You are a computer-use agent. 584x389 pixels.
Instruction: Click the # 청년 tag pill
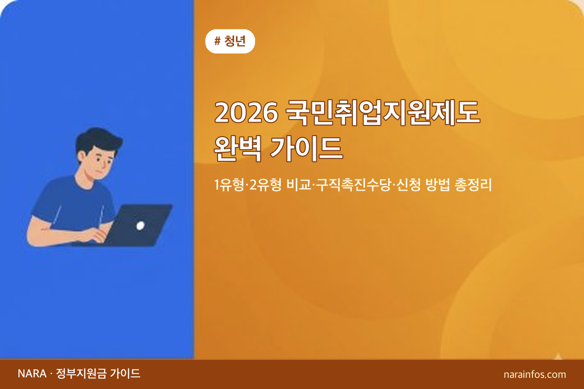click(230, 41)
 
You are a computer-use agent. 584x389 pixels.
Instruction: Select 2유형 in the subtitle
click(263, 185)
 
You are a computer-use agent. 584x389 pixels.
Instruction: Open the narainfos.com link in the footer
click(535, 374)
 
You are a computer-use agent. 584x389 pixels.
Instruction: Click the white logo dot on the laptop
click(140, 226)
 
